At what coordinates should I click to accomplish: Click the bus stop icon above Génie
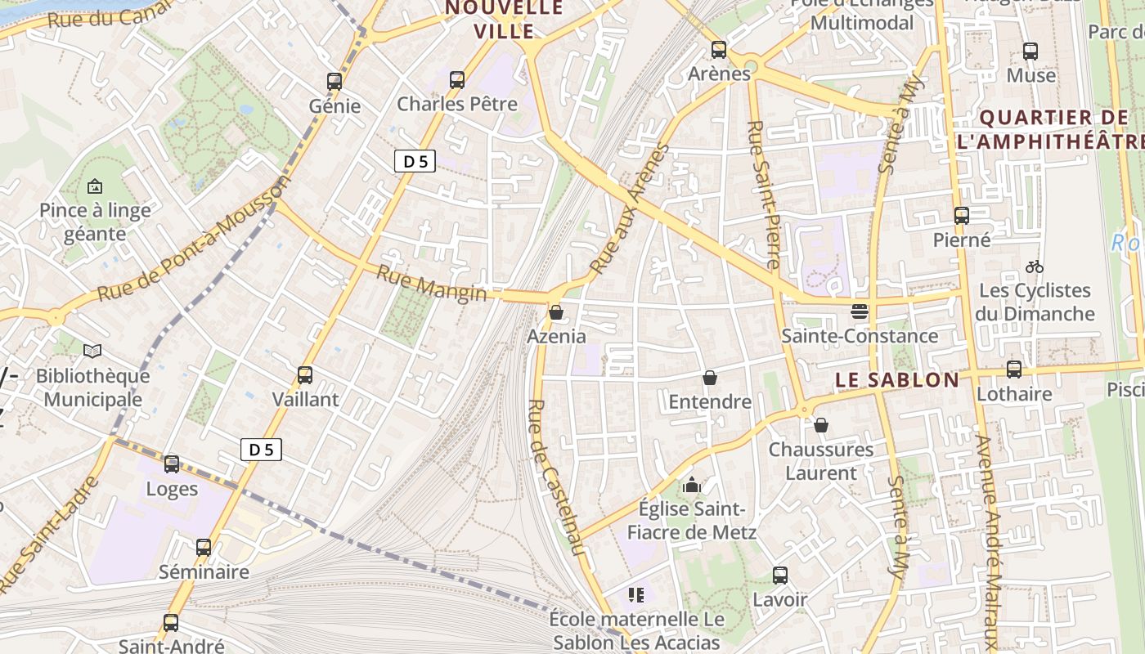tap(334, 82)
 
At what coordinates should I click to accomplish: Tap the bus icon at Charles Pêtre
tap(457, 80)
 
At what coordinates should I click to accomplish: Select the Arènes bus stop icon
tap(719, 50)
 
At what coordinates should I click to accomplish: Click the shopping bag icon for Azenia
tap(556, 312)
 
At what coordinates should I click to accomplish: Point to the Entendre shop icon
tap(710, 378)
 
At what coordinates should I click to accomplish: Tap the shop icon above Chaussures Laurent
tap(821, 425)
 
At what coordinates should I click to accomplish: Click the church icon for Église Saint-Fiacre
tap(692, 486)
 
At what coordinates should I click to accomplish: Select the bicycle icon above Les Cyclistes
tap(1034, 267)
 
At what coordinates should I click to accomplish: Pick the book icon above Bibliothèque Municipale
tap(93, 352)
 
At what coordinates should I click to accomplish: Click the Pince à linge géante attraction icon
tap(95, 186)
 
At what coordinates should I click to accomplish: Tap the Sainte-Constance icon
tap(859, 311)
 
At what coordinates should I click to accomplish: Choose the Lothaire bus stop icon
tap(1014, 370)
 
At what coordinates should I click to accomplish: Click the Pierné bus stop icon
tap(962, 217)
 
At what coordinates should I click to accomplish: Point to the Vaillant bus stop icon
tap(305, 375)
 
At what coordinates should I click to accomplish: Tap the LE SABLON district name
tap(897, 380)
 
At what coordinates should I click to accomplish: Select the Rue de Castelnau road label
tap(556, 478)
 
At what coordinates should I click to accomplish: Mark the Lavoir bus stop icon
tap(780, 576)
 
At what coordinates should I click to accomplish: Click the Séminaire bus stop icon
tap(204, 548)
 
